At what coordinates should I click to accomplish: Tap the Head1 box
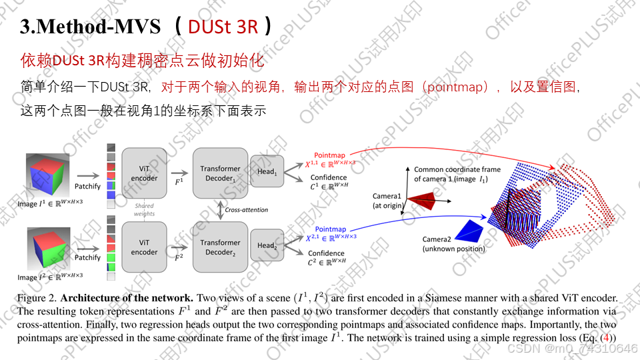coord(267,171)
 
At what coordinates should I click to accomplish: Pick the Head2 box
coord(267,245)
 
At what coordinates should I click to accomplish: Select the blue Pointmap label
coord(331,229)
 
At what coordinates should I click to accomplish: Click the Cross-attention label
coord(247,210)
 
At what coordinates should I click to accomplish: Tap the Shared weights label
coord(144,210)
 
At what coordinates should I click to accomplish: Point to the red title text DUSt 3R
coord(223,26)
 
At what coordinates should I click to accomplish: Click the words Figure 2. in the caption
coord(38,297)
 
